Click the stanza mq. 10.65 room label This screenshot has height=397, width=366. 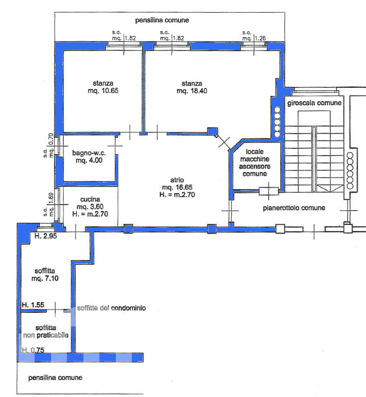(x=103, y=87)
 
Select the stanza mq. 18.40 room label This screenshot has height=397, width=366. (x=192, y=87)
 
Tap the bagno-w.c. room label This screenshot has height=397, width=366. (x=89, y=157)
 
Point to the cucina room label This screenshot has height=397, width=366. (x=90, y=207)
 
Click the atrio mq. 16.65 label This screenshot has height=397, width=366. (x=177, y=187)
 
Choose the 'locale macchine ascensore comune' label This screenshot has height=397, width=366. (x=255, y=162)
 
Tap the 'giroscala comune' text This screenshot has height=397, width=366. (x=314, y=103)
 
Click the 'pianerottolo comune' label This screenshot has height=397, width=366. (x=294, y=208)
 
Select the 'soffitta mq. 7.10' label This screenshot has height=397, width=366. (x=45, y=275)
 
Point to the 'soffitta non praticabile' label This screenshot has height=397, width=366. (x=46, y=332)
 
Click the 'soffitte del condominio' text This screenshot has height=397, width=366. (x=111, y=308)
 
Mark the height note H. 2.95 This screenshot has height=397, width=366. (x=46, y=236)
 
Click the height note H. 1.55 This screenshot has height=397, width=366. (x=33, y=305)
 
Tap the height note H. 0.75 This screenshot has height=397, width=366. (x=33, y=350)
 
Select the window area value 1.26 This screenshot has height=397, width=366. (x=260, y=38)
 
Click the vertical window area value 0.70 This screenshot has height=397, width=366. (x=51, y=139)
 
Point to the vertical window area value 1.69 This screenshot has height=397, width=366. (x=51, y=198)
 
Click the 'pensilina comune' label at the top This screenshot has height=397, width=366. (x=162, y=20)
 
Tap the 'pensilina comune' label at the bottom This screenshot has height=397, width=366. (x=55, y=378)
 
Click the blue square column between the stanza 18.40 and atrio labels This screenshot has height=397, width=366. (x=213, y=131)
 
